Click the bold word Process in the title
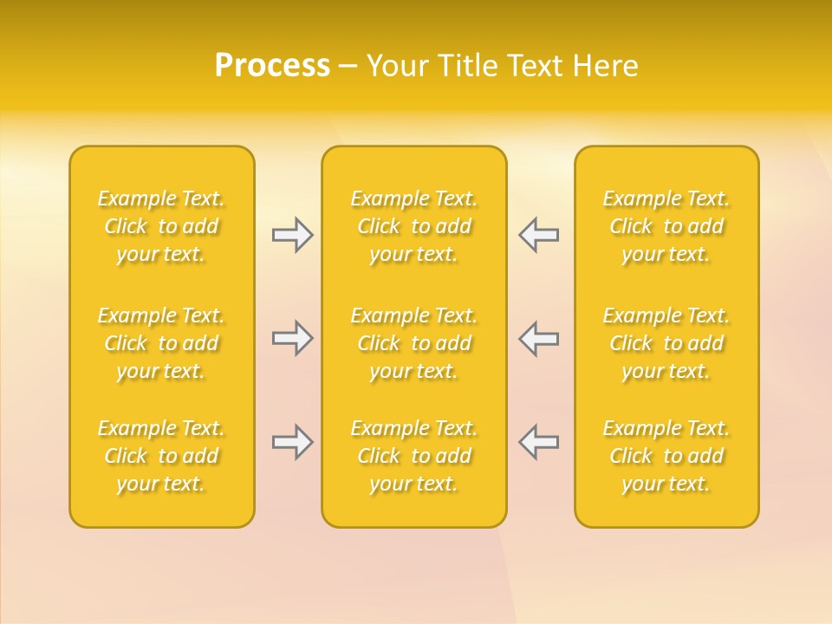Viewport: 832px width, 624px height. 272,66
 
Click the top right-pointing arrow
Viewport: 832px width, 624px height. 292,235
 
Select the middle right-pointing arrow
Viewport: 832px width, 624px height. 292,338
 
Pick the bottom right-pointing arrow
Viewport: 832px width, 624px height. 292,442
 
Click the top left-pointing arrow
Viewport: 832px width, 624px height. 538,235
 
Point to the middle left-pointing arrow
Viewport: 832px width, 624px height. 538,338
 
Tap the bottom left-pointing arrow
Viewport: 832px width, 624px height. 538,442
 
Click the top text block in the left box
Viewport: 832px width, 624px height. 161,226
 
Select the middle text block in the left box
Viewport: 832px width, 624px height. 161,343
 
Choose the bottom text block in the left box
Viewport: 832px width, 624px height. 161,456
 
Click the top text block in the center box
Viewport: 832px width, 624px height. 413,226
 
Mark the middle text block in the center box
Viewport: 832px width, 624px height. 413,343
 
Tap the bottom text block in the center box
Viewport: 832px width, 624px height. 413,456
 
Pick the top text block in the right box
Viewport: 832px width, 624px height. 666,226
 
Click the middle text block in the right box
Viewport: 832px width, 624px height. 666,343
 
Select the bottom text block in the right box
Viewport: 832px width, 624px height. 666,456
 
